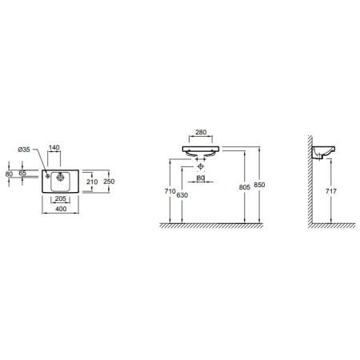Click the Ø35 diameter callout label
24,150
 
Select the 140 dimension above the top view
54,147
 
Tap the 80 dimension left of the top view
9,174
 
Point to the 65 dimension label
22,173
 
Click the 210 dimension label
92,182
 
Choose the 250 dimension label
109,182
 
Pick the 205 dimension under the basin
60,198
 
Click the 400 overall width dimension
61,209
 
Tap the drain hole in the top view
60,177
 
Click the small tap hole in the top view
48,176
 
